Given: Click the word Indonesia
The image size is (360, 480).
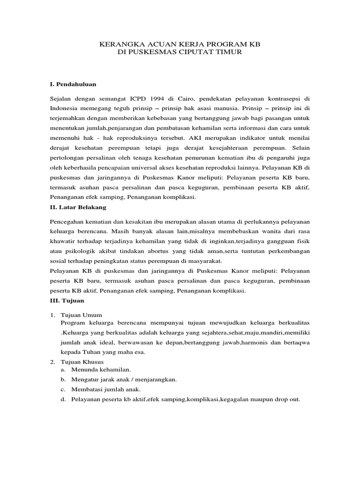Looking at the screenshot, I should pos(64,109).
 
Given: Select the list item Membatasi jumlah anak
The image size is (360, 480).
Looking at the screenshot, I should pos(106,390).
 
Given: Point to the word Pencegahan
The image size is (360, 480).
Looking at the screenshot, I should pos(67,221).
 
